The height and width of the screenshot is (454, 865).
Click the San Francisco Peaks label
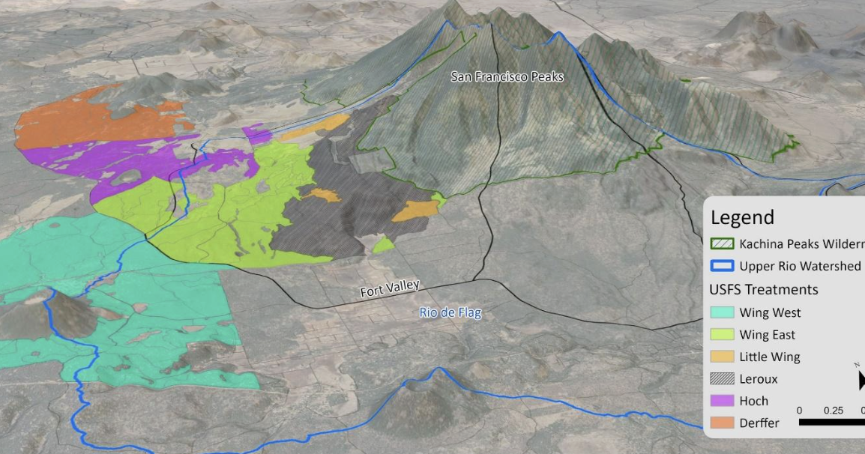pyautogui.click(x=507, y=76)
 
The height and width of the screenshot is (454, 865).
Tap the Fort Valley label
pyautogui.click(x=389, y=288)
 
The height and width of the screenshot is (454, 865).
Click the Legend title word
pyautogui.click(x=742, y=218)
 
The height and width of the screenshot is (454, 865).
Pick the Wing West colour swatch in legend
pyautogui.click(x=722, y=312)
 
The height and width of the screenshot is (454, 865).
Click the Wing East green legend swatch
pyautogui.click(x=722, y=335)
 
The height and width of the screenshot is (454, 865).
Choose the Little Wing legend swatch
pyautogui.click(x=722, y=357)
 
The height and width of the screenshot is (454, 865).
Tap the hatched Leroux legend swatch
pyautogui.click(x=722, y=378)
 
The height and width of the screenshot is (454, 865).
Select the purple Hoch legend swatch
pyautogui.click(x=722, y=401)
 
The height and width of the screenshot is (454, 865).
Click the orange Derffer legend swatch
pyautogui.click(x=722, y=423)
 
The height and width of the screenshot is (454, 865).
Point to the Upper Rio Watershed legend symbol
pyautogui.click(x=722, y=266)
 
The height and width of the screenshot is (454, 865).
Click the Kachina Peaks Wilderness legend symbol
pyautogui.click(x=722, y=243)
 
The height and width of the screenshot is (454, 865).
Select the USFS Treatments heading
pyautogui.click(x=763, y=289)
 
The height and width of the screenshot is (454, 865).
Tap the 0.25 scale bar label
pyautogui.click(x=833, y=411)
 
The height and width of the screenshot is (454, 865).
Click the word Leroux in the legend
pyautogui.click(x=758, y=379)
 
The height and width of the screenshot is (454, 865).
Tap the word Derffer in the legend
pyautogui.click(x=759, y=423)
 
